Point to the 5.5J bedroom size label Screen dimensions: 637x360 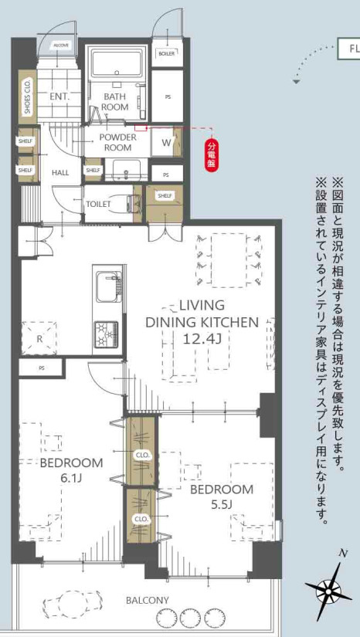pos(222,506)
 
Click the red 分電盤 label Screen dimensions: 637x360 pos(212,154)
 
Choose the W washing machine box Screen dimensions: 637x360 pos(165,143)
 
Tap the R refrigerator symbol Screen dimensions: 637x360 pos(39,337)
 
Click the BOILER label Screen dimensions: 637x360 pos(166,53)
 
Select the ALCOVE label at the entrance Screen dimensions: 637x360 pos(61,46)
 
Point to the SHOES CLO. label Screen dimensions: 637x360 pos(28,97)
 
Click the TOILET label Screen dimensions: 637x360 pos(98,204)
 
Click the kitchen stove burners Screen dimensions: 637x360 pos(106,335)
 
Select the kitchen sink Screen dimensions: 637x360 pos(106,288)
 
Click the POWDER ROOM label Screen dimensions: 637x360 pos(117,142)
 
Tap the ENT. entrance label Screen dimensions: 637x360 pos(59,97)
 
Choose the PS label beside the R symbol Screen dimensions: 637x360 pos(41,368)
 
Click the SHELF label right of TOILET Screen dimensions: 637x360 pos(165,196)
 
